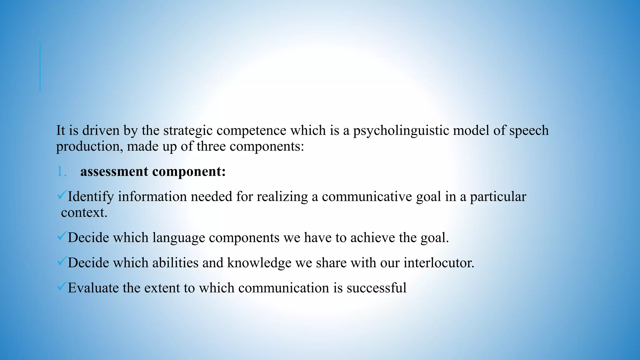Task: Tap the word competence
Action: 251,131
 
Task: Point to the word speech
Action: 529,131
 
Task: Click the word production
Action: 89,147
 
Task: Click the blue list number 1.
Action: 62,172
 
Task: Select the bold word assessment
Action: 114,172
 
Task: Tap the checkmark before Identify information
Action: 61,196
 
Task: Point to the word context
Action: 84,213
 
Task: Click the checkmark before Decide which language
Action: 61,237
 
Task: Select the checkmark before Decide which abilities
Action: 61,262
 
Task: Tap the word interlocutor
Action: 439,263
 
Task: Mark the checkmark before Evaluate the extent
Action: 61,287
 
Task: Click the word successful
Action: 376,288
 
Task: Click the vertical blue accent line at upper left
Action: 40,67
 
